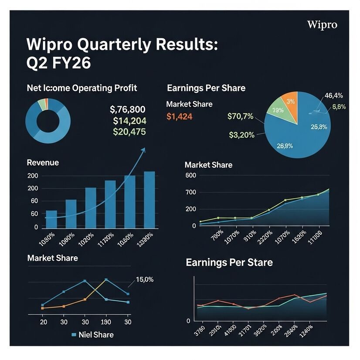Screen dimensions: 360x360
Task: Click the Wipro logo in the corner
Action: [322, 24]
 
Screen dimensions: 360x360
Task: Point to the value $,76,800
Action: [128, 109]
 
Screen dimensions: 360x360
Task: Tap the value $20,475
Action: [129, 132]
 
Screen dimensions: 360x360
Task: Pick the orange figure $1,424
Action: [179, 116]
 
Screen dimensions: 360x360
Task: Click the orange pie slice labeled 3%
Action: [290, 102]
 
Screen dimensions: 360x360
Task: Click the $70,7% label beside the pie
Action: [240, 116]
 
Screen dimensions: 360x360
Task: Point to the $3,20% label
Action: [241, 135]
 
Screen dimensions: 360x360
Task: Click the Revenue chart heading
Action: [43, 163]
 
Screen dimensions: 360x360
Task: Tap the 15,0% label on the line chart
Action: [145, 280]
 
